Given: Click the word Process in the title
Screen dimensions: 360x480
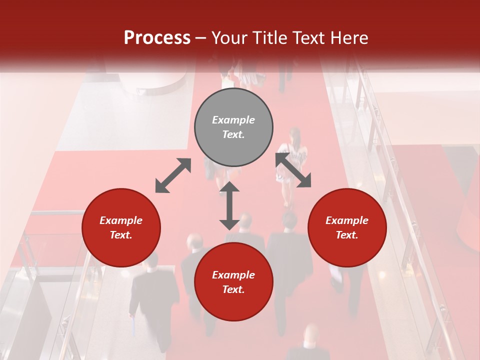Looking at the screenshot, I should tap(157, 38).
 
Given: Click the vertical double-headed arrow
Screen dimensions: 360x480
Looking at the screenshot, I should tap(229, 205).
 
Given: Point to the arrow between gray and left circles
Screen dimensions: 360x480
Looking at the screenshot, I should tap(173, 175).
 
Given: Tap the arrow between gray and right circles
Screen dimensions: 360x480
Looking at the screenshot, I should tap(293, 170).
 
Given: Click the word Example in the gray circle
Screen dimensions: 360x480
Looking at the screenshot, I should tap(233, 120).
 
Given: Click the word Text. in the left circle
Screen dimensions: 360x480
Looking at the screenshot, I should tap(121, 235).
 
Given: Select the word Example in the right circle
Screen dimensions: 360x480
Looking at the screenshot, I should tap(347, 220).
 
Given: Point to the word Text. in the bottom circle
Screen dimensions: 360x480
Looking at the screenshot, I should tap(233, 289).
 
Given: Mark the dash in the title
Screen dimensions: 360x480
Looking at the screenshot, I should tap(201, 38).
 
